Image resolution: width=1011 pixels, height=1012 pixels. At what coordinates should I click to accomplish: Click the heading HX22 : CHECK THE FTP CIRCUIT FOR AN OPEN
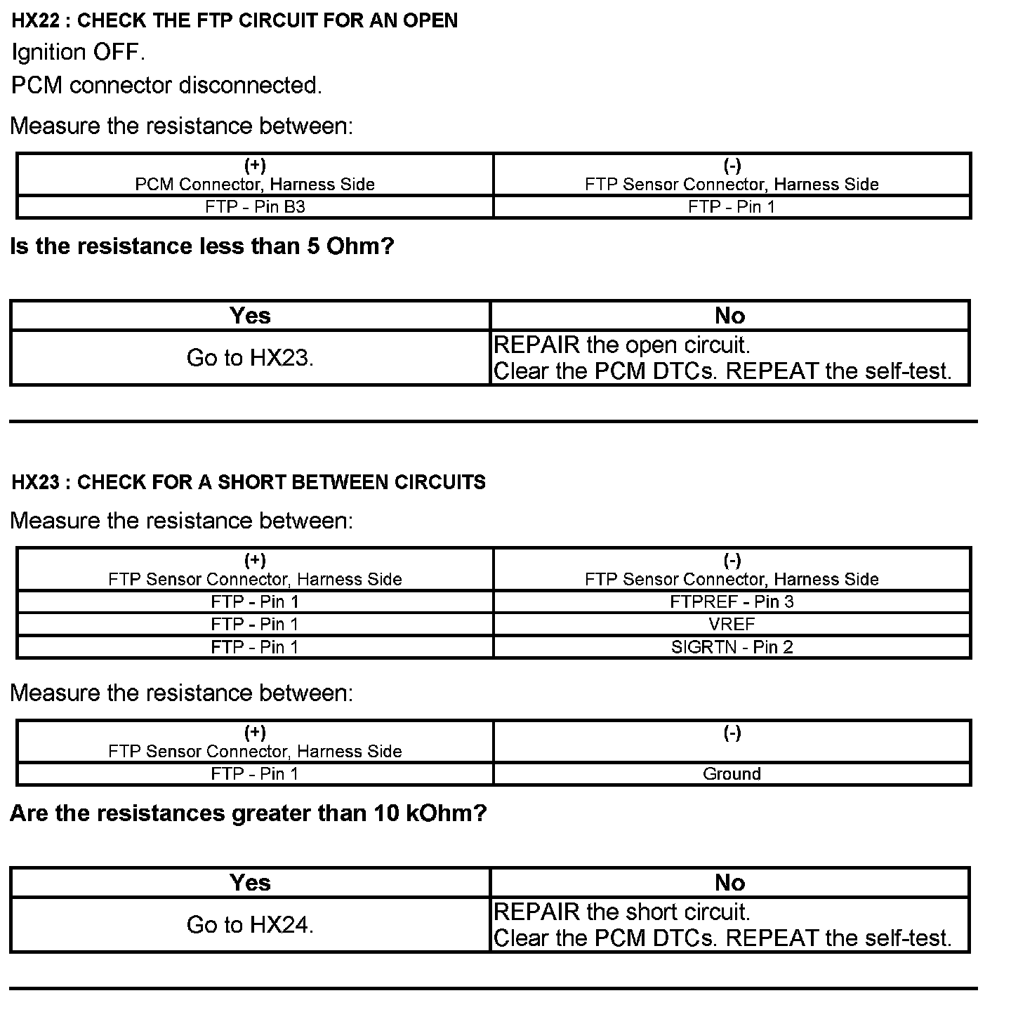234,20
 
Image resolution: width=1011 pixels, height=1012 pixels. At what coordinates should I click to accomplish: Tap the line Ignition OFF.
79,52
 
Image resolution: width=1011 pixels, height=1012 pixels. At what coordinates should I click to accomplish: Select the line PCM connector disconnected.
166,85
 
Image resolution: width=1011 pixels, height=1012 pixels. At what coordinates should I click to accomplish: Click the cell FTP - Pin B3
255,207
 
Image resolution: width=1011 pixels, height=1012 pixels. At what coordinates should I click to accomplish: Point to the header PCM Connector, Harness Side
255,184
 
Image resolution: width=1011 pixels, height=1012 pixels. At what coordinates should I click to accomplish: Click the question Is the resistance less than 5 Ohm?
202,246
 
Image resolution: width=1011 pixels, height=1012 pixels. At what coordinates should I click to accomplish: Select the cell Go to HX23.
250,358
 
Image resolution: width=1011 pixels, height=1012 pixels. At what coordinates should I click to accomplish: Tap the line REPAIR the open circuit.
622,345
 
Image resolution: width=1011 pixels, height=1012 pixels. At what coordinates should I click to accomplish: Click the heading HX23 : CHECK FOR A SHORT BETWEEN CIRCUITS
249,482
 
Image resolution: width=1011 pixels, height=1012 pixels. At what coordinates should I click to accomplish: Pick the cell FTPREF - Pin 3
732,601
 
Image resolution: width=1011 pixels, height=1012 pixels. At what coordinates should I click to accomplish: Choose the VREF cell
732,624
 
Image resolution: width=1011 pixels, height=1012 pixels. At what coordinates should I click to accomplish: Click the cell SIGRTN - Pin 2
732,646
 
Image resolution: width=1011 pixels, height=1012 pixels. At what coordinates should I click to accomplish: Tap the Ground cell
732,773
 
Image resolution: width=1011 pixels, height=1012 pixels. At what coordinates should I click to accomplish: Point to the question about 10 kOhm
249,813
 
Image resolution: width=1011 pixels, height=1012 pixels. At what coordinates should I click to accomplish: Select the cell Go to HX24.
250,925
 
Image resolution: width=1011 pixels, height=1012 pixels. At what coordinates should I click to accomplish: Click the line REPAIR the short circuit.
622,912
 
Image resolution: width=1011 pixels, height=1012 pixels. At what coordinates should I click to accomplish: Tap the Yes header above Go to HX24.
250,882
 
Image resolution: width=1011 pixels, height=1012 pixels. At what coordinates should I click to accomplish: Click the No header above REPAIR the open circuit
729,316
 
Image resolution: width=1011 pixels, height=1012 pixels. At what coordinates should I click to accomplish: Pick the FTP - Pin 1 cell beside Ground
255,773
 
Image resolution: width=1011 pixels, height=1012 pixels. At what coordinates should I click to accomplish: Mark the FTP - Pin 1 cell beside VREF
255,624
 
